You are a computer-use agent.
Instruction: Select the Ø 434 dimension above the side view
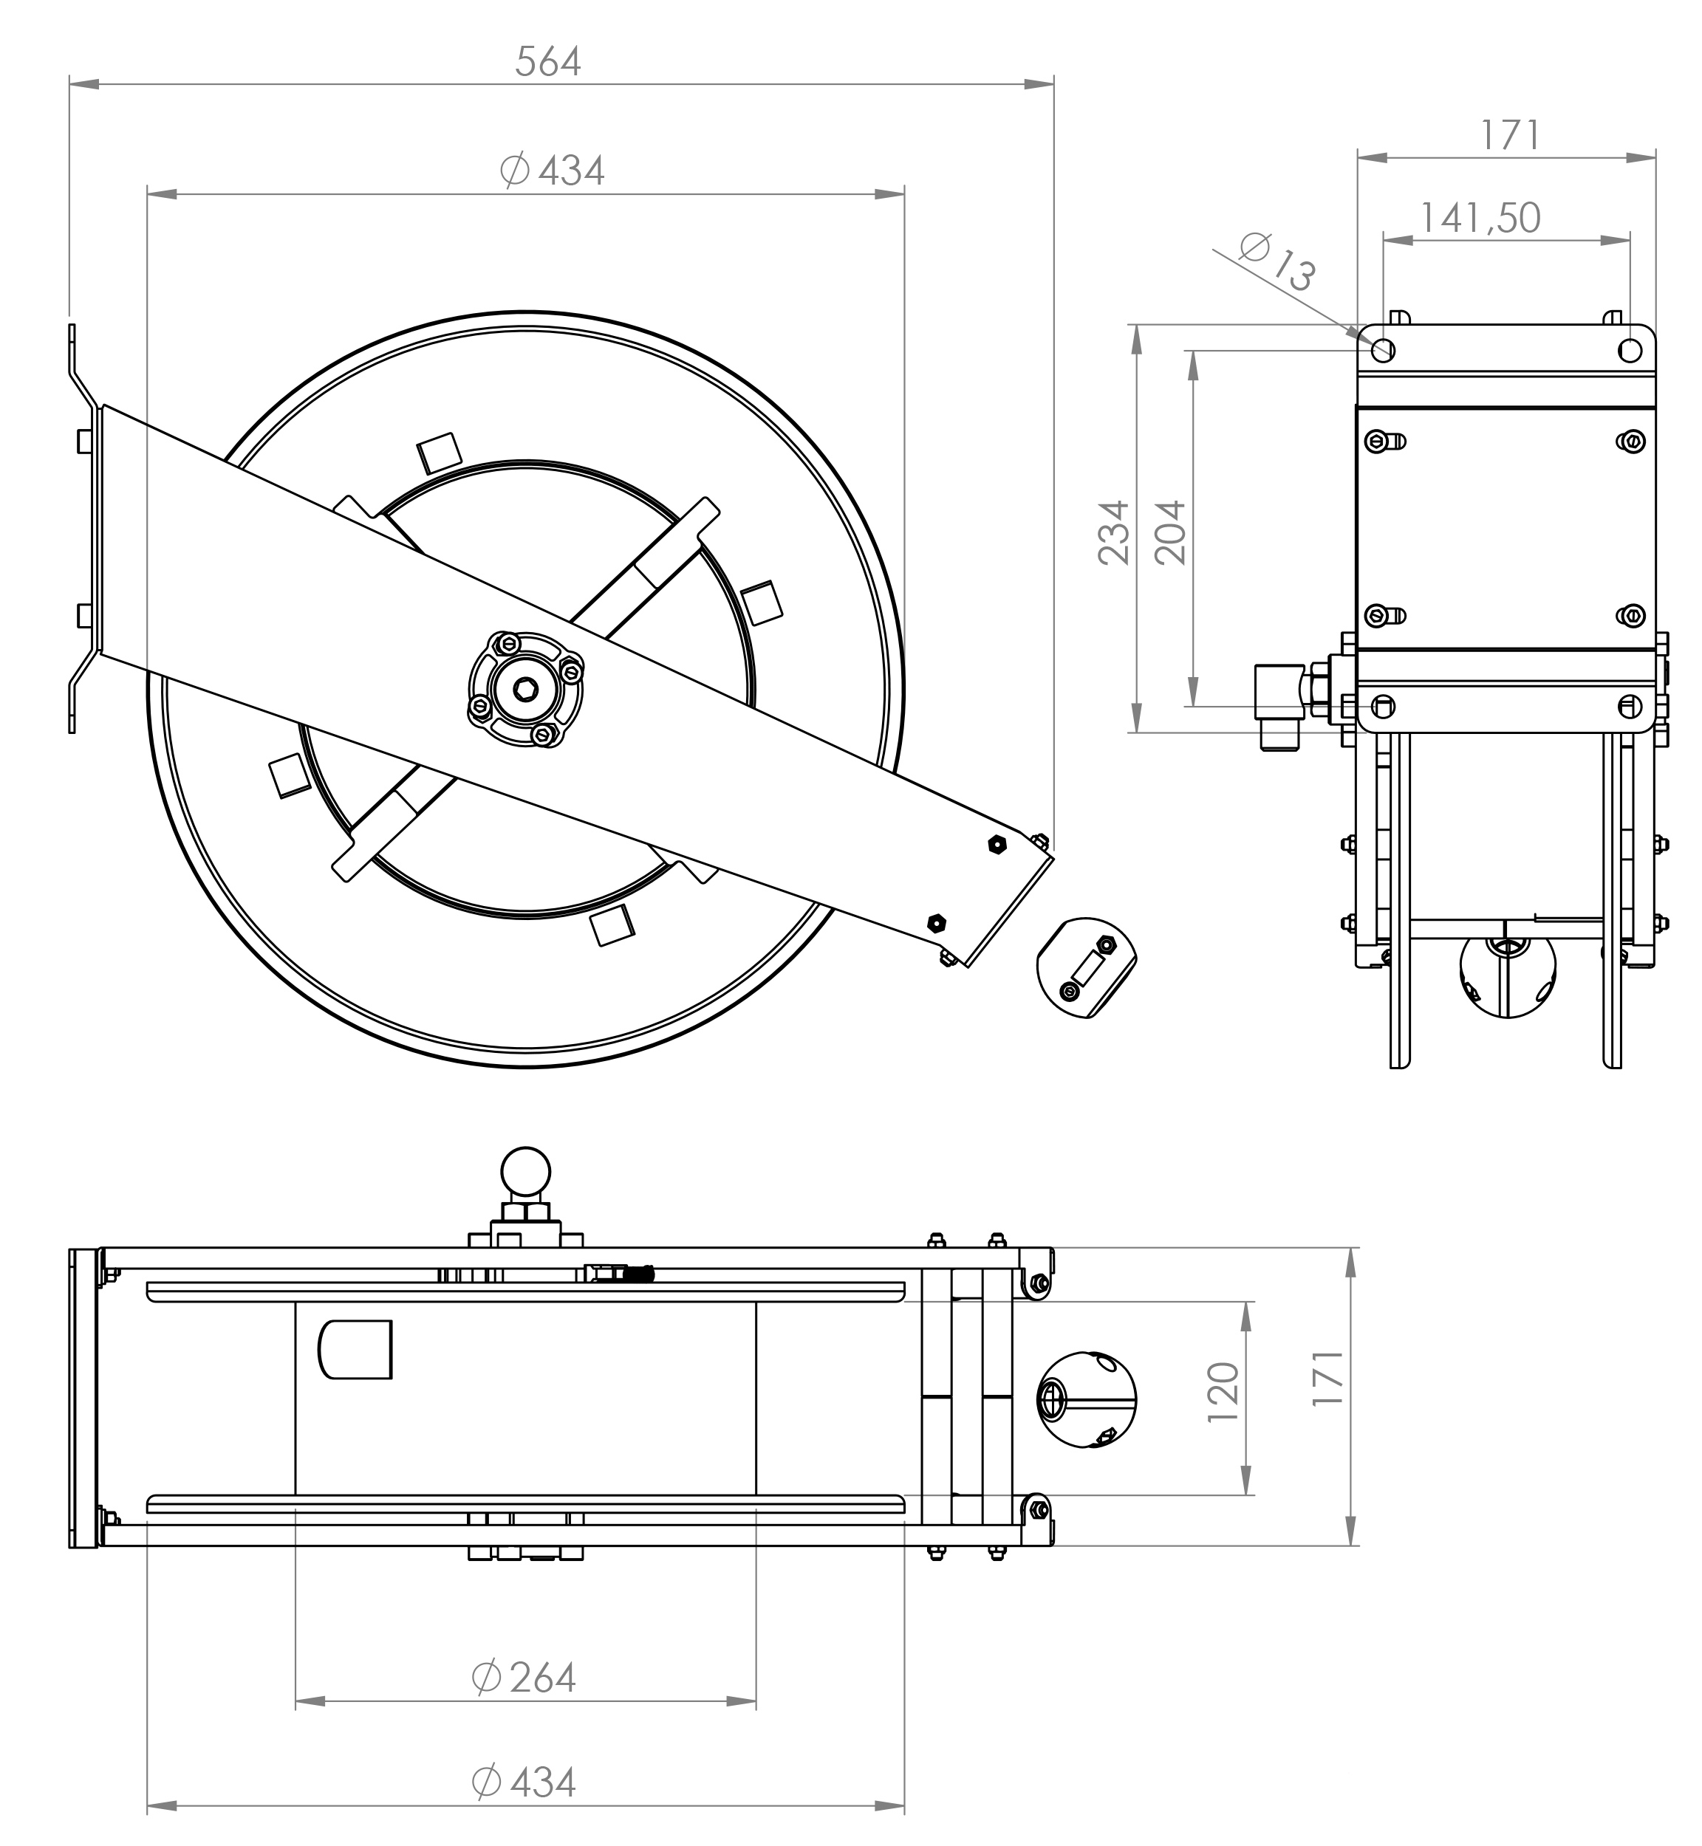tap(552, 171)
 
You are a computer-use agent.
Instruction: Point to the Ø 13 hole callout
tap(1277, 261)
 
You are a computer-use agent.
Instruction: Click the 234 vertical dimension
tap(1113, 532)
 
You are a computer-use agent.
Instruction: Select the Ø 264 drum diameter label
tap(523, 1678)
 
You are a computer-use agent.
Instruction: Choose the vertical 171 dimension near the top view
tap(1327, 1377)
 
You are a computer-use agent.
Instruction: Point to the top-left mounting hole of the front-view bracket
tap(1384, 350)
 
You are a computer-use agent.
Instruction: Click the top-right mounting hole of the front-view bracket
tap(1630, 350)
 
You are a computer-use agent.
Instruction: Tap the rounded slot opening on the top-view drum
tap(355, 1349)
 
